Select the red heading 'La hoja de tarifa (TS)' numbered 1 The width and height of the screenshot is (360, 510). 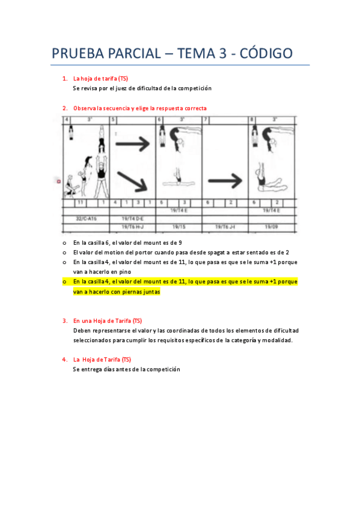100,79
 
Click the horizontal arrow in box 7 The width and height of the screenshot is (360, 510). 225,180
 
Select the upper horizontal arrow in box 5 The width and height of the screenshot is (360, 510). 132,143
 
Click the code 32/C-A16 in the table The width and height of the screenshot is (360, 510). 85,218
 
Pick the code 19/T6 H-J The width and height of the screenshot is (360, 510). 133,227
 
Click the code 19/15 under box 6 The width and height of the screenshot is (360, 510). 178,227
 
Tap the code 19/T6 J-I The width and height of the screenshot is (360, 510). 225,227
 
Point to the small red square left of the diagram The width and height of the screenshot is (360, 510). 59,180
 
